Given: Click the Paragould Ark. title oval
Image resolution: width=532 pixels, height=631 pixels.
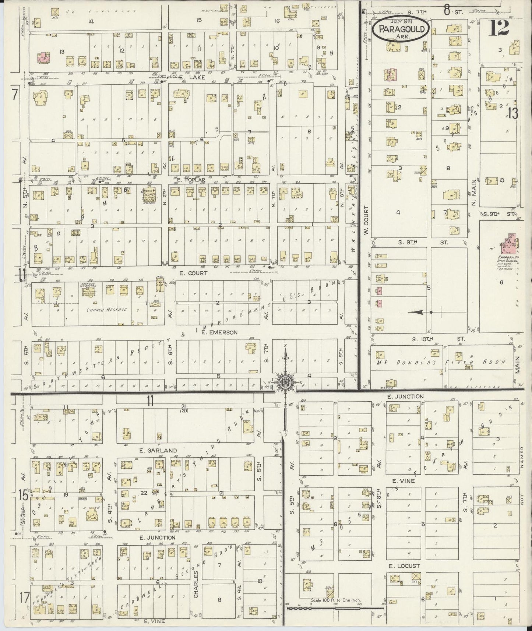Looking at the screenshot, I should point(400,28).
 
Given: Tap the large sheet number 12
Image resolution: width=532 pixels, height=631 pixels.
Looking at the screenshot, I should point(499,28).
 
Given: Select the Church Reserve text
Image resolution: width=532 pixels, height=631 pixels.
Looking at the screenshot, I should point(107,310).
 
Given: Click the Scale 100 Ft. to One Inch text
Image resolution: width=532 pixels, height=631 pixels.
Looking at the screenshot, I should point(336,600).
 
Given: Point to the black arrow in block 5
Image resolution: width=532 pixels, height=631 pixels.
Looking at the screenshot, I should point(417,312).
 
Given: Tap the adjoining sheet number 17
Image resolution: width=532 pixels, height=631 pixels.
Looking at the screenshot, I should point(24,597).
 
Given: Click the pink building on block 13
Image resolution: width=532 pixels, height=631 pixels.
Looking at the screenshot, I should point(43,57).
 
